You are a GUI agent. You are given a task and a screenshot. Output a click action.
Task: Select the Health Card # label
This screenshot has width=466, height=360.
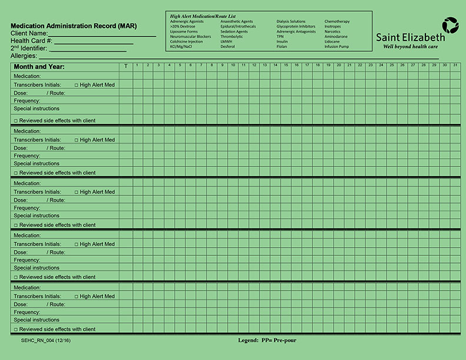[x=32, y=41]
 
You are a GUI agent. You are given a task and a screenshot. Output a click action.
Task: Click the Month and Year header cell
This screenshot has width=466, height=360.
[x=39, y=66]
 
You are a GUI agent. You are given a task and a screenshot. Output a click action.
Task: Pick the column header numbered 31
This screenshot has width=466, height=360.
[x=455, y=65]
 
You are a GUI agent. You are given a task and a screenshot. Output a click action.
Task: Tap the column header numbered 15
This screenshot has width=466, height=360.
[x=285, y=65]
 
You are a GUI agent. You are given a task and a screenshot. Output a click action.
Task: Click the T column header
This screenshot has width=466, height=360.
[x=125, y=66]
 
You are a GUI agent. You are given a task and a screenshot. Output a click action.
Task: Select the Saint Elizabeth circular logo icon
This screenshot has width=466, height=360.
[x=450, y=26]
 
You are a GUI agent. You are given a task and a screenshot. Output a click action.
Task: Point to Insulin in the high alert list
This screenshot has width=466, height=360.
[x=282, y=42]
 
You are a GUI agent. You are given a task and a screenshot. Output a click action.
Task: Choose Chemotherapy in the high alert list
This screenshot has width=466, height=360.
[x=337, y=22]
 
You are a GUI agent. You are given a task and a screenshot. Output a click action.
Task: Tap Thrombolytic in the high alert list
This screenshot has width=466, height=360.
[x=232, y=36]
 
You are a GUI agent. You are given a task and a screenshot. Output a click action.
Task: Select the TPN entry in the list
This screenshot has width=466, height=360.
[x=280, y=36]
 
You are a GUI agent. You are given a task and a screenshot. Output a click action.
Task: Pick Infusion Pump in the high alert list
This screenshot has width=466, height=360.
[x=337, y=46]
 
